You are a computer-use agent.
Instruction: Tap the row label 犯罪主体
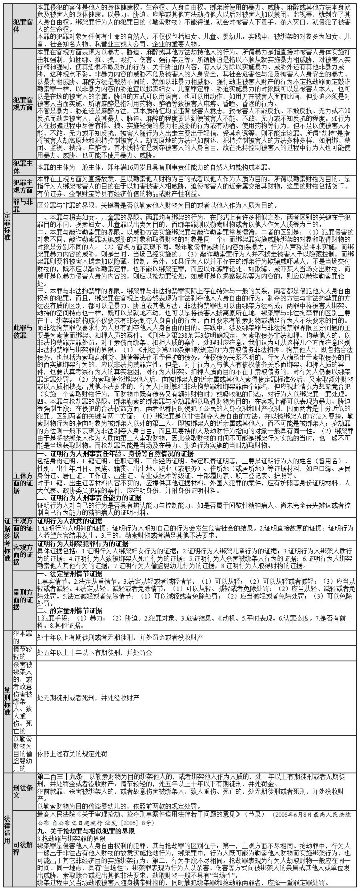pyautogui.click(x=24, y=167)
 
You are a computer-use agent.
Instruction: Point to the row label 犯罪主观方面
pyautogui.click(x=24, y=186)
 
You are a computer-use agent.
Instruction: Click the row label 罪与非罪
pyautogui.click(x=24, y=205)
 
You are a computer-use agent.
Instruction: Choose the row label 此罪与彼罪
pyautogui.click(x=24, y=331)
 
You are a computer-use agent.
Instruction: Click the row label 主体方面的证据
pyautogui.click(x=24, y=483)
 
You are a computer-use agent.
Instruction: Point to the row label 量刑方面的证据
pyautogui.click(x=24, y=599)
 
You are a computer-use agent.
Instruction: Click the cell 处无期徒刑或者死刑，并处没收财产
pyautogui.click(x=88, y=698)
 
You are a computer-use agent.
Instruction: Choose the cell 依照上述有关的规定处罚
pyautogui.click(x=72, y=754)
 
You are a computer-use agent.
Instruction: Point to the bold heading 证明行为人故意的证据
pyautogui.click(x=70, y=521)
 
